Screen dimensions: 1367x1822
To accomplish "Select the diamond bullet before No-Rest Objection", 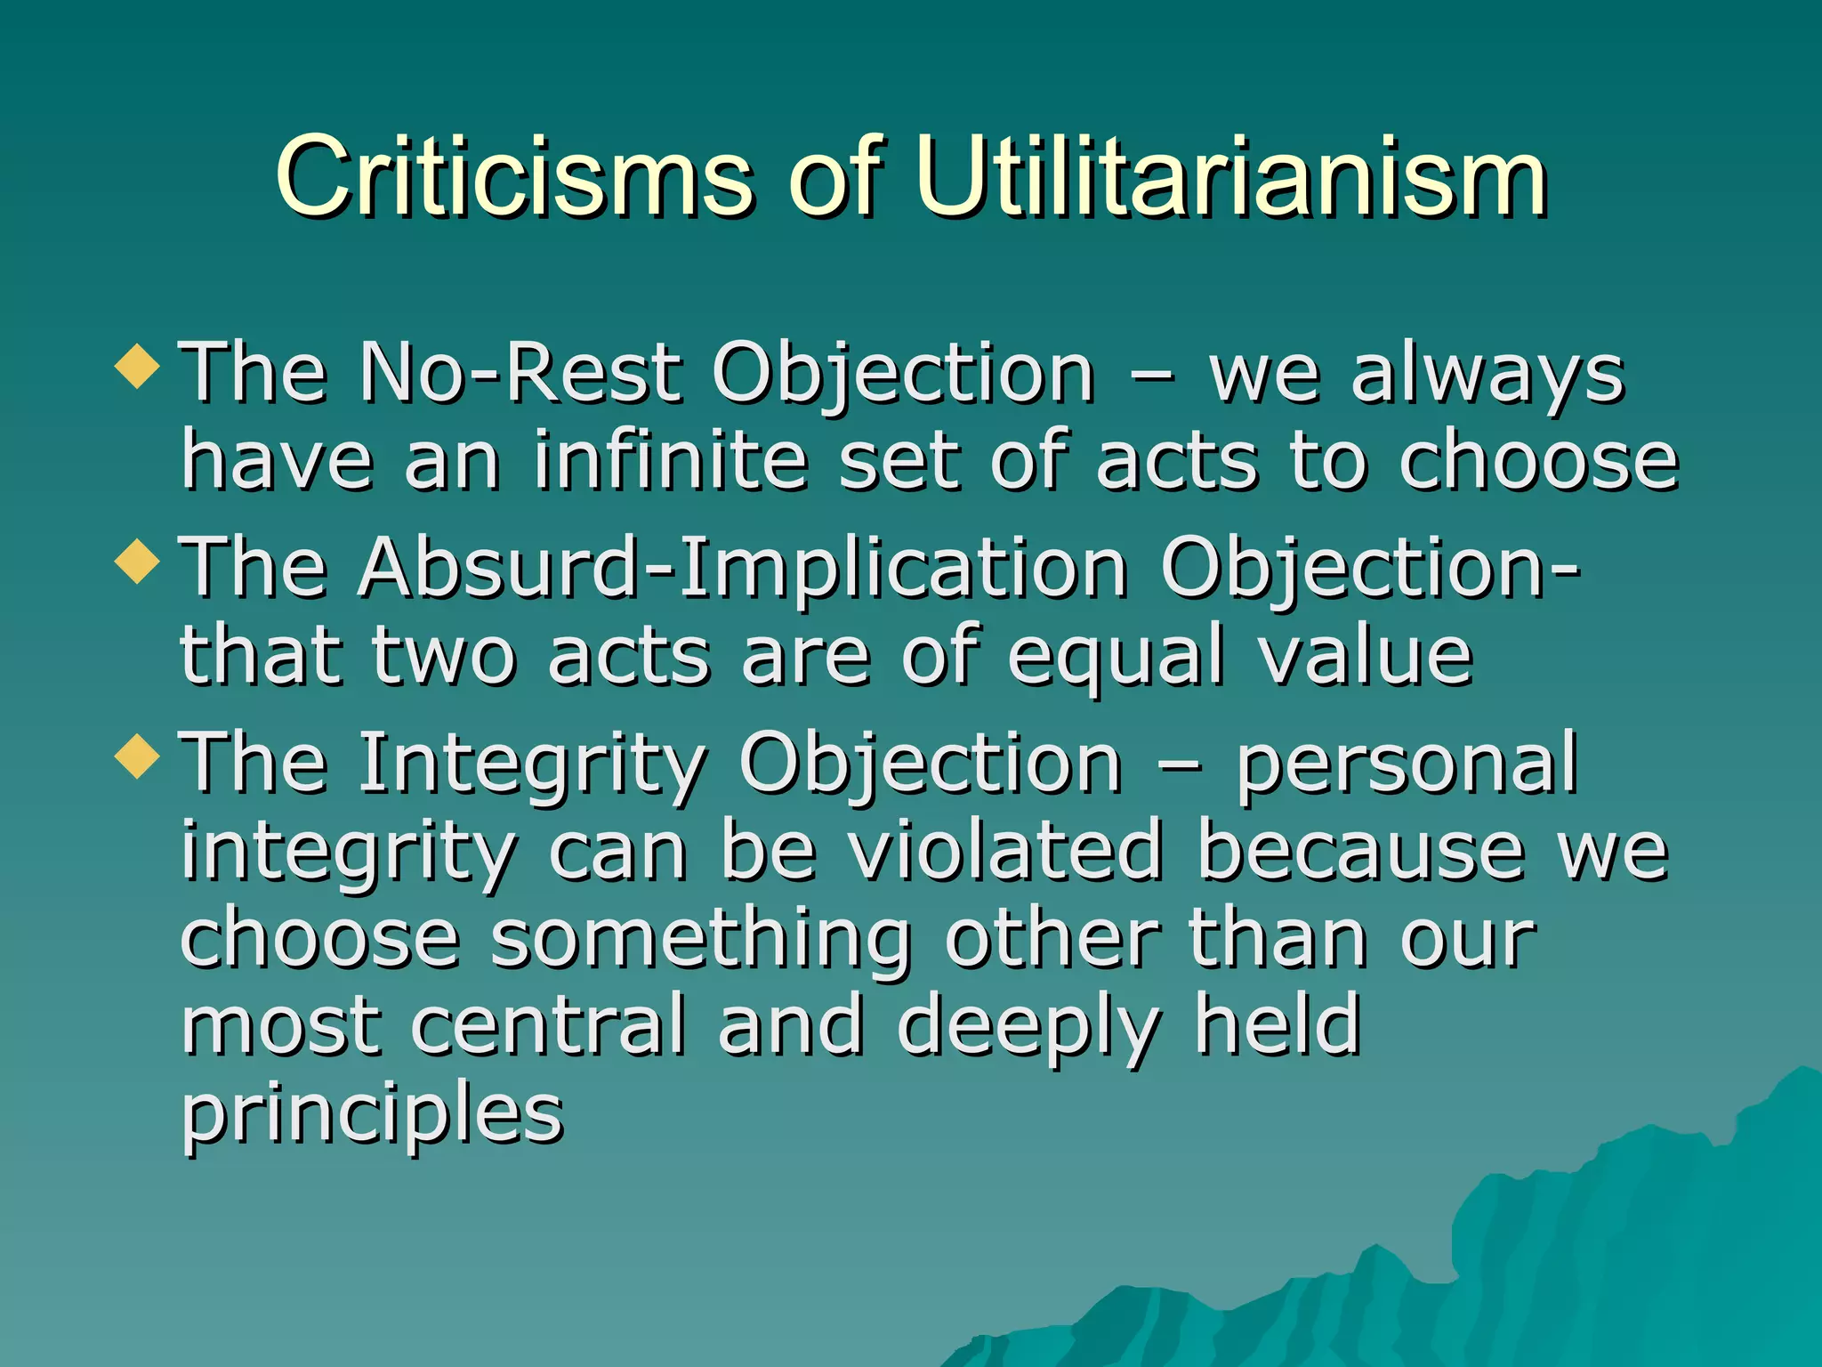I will (x=138, y=366).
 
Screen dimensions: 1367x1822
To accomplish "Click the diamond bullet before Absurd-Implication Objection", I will (x=138, y=562).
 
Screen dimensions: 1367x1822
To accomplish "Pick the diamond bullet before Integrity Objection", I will (x=138, y=756).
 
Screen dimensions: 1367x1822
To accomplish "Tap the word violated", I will (x=1004, y=851).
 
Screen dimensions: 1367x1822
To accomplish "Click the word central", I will (x=549, y=1026).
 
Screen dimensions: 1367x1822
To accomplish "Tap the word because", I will (x=1360, y=851).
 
